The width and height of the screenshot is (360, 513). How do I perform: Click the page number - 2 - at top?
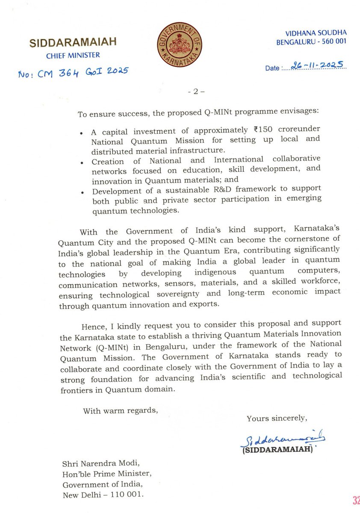point(197,91)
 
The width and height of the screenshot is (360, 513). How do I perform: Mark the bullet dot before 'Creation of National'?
point(82,162)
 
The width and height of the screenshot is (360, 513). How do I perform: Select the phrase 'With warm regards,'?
point(121,411)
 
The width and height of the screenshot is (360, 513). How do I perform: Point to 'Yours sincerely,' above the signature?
point(277,419)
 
